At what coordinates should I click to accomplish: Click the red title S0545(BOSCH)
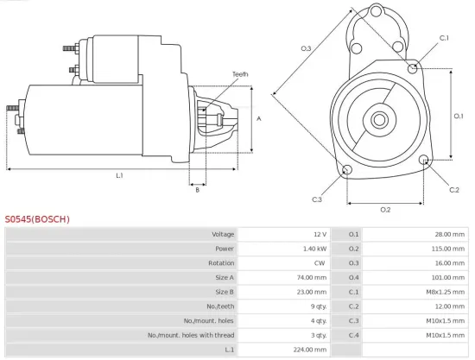(x=37, y=219)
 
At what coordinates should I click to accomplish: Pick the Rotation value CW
(x=320, y=262)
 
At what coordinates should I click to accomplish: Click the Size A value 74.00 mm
(x=311, y=277)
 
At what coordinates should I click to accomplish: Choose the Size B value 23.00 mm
(x=311, y=292)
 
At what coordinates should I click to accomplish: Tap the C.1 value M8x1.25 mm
(x=447, y=292)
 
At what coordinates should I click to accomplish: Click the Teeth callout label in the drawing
(x=240, y=74)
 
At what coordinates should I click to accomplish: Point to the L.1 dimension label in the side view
(x=119, y=175)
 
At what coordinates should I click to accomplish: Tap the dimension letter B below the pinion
(x=197, y=190)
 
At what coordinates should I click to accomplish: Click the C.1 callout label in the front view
(x=444, y=38)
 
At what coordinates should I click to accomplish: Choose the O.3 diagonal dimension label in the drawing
(x=306, y=48)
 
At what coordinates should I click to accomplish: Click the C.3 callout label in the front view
(x=317, y=199)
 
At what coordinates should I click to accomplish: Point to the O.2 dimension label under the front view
(x=385, y=210)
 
